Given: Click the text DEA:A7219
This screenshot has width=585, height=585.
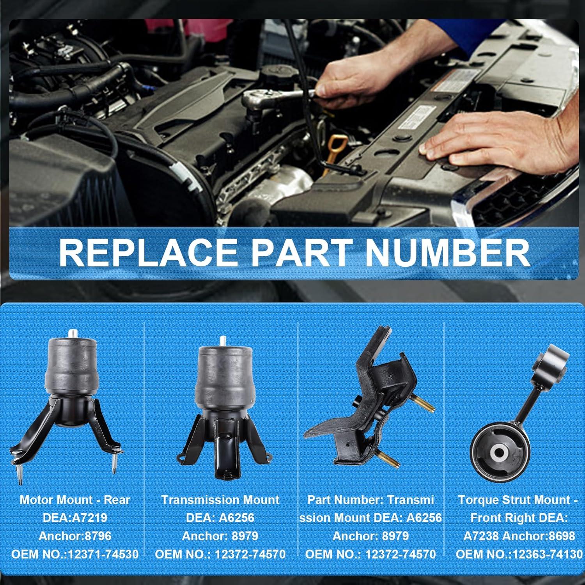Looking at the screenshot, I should coord(75,518).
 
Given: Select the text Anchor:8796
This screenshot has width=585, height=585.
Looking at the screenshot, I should coord(75,536).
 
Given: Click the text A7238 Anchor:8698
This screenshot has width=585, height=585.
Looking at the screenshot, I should coord(519,536).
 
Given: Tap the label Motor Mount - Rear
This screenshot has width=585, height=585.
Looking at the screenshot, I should coord(75,500).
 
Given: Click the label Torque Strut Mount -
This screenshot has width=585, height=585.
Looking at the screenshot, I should coord(518,500).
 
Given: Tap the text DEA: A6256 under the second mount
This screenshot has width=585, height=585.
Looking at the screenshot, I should coord(220,518).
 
